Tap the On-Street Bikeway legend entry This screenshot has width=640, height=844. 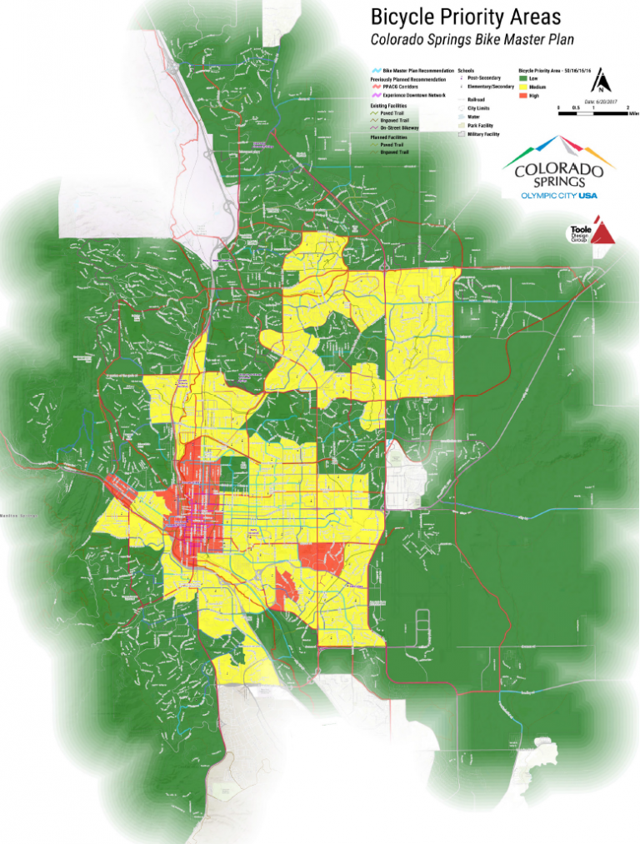[399, 129]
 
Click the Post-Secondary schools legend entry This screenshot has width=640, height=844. [480, 78]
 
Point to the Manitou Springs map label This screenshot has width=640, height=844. [18, 517]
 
